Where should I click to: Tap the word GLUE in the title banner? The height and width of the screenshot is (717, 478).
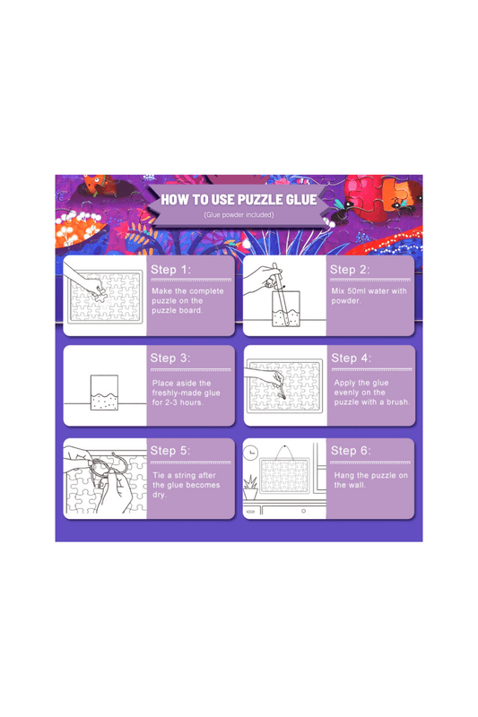(x=299, y=199)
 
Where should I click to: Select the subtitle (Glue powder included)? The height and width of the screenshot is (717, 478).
(x=239, y=215)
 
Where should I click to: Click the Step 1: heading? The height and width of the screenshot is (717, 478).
(x=170, y=270)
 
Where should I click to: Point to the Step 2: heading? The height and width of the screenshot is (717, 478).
(x=350, y=270)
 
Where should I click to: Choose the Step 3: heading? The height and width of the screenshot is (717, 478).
(x=170, y=358)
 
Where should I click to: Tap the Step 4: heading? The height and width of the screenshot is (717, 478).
(x=351, y=358)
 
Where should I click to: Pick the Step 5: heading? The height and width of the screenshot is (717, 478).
(x=170, y=450)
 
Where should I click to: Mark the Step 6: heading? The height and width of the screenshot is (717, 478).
(x=351, y=450)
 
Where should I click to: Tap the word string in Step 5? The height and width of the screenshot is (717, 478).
(x=191, y=475)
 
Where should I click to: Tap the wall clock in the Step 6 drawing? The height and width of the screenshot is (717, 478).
(x=252, y=452)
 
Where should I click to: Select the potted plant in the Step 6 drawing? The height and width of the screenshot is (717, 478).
(x=250, y=489)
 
